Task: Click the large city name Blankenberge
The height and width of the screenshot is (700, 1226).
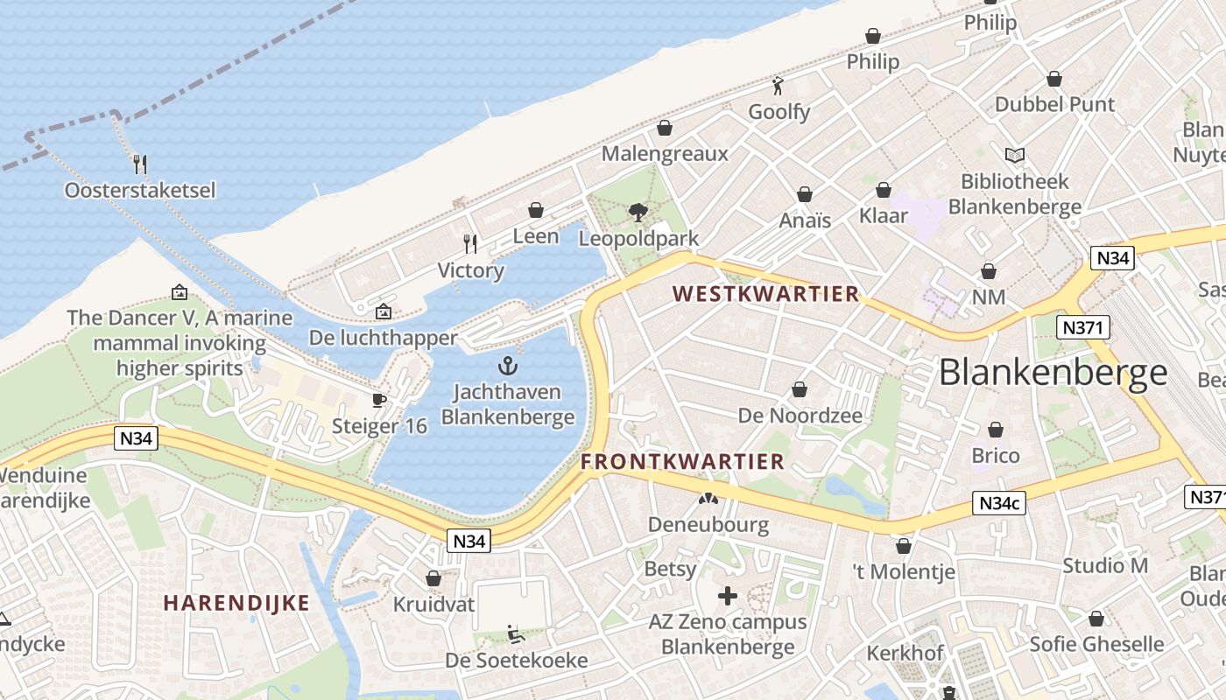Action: [1053, 373]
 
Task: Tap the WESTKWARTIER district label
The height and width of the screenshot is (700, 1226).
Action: [766, 294]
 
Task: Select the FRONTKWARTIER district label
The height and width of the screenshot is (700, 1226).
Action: [682, 461]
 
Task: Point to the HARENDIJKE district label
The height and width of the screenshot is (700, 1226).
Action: [236, 603]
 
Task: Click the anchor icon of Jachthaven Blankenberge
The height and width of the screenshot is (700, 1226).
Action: [508, 366]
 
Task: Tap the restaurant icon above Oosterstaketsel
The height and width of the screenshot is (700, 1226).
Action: [139, 164]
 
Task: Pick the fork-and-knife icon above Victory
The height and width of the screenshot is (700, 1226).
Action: [470, 244]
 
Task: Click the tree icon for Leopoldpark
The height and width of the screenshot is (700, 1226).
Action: [638, 212]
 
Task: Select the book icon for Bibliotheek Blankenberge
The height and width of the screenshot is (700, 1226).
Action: [1014, 156]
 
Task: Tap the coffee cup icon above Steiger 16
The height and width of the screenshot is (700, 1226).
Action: [378, 400]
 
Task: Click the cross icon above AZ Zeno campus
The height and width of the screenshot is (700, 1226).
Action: [727, 597]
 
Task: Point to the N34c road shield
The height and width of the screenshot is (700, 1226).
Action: [998, 504]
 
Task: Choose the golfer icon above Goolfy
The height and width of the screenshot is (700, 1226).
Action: [778, 86]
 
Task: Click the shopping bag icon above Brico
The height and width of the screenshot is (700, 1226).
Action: [996, 430]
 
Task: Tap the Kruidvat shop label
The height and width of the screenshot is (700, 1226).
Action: [433, 605]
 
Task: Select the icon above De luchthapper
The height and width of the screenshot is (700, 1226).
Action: [383, 311]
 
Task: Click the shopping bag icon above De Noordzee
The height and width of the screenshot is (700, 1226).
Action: [800, 389]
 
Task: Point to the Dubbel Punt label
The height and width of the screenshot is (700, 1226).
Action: [1054, 105]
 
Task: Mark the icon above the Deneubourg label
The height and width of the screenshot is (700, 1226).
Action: [708, 500]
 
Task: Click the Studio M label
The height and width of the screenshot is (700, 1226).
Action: [1104, 565]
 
